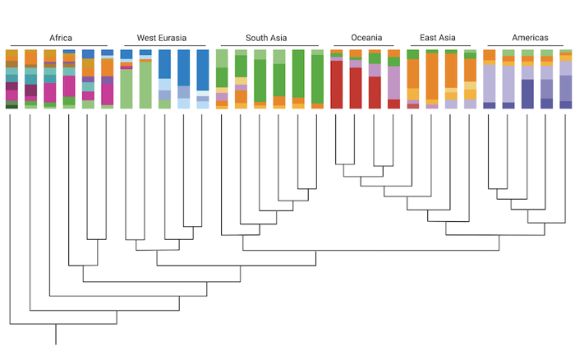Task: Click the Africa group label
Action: [x=60, y=37]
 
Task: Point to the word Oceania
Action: [x=366, y=37]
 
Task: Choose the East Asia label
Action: [x=439, y=37]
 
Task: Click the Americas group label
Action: [x=530, y=37]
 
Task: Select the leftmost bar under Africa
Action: [x=11, y=79]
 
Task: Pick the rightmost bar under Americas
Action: [x=566, y=79]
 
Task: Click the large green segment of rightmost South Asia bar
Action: [x=317, y=79]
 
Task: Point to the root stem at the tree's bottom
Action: [x=56, y=335]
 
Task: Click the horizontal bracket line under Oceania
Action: [x=366, y=45]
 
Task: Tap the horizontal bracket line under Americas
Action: [x=530, y=45]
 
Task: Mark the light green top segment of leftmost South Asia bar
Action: [x=222, y=58]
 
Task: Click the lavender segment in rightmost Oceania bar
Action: [x=393, y=82]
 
